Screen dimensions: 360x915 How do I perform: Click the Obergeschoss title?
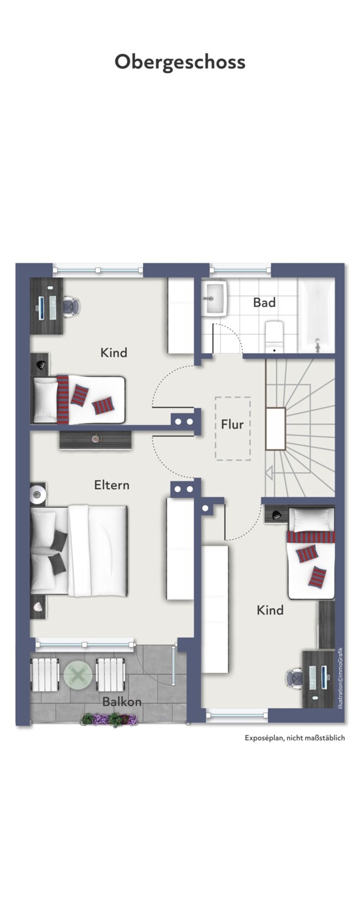[180, 62]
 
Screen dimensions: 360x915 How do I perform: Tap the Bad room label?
[264, 303]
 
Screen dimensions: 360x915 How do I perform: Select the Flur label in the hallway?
[232, 425]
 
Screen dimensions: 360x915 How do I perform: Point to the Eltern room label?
[112, 485]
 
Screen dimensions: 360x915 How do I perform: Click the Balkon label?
[122, 701]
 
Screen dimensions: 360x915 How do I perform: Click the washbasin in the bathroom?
[215, 298]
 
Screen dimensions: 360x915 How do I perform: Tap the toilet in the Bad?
[275, 336]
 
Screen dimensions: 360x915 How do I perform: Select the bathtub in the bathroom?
[317, 315]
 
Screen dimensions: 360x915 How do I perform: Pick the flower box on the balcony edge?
[109, 720]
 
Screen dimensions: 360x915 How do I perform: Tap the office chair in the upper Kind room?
[71, 306]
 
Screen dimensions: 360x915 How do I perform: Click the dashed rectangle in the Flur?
[233, 428]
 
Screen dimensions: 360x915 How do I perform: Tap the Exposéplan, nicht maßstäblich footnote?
[295, 737]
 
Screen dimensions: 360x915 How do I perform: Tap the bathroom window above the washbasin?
[240, 270]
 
